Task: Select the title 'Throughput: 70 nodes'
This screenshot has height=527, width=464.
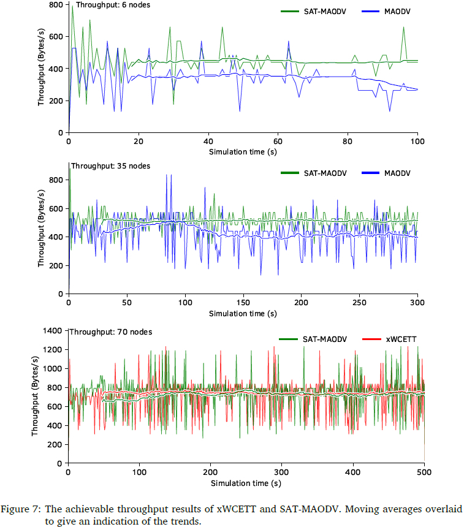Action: pyautogui.click(x=110, y=332)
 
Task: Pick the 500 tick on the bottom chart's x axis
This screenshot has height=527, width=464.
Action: pyautogui.click(x=424, y=473)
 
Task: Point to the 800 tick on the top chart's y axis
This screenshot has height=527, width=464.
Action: pyautogui.click(x=56, y=5)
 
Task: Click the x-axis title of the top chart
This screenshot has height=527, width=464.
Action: pyautogui.click(x=243, y=151)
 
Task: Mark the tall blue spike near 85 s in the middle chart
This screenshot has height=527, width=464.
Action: pyautogui.click(x=166, y=176)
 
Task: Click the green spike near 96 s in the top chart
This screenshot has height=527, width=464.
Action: pyautogui.click(x=403, y=28)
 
